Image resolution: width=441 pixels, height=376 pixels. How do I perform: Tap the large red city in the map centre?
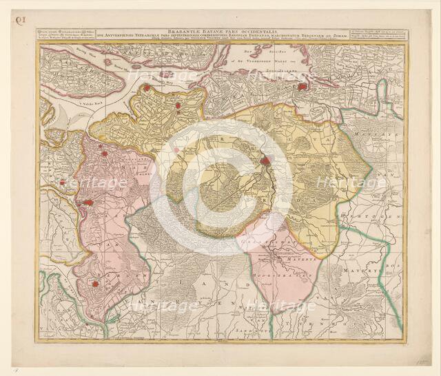pyautogui.click(x=265, y=161)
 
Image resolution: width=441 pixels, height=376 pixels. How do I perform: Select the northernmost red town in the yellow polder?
pyautogui.click(x=146, y=88)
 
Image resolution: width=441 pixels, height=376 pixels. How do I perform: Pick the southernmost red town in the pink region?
pyautogui.click(x=95, y=283)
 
